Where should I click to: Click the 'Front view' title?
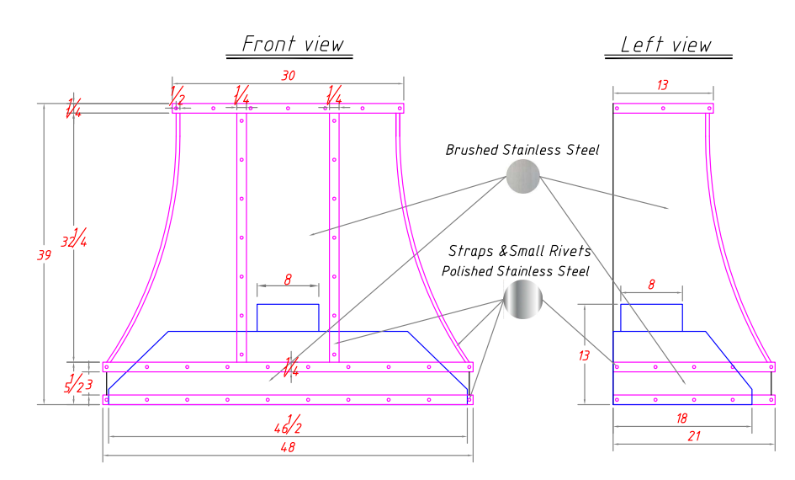tap(293, 44)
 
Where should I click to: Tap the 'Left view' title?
tap(665, 45)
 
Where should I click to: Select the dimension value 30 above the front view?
tap(289, 75)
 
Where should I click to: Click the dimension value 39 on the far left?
tap(45, 255)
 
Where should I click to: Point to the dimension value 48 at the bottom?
tap(289, 449)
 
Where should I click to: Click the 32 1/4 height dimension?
tap(78, 239)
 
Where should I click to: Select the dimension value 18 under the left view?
tap(681, 417)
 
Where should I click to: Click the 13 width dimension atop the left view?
tap(663, 84)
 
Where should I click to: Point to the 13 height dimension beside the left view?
tap(584, 355)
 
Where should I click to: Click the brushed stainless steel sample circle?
tap(522, 176)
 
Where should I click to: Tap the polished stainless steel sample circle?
tap(522, 300)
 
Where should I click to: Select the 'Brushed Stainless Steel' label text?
tap(522, 151)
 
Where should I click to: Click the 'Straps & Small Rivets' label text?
tap(519, 251)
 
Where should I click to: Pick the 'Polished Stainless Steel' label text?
tap(516, 271)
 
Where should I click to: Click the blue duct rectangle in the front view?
tap(288, 317)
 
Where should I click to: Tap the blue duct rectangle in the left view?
tap(651, 317)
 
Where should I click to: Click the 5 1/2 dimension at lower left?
tap(75, 385)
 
